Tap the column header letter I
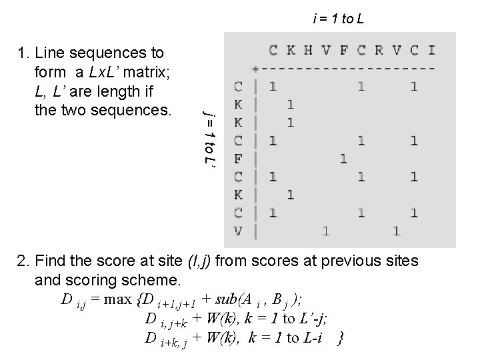click(432, 49)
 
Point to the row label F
click(238, 159)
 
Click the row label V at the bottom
click(238, 231)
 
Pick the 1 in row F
click(343, 159)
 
